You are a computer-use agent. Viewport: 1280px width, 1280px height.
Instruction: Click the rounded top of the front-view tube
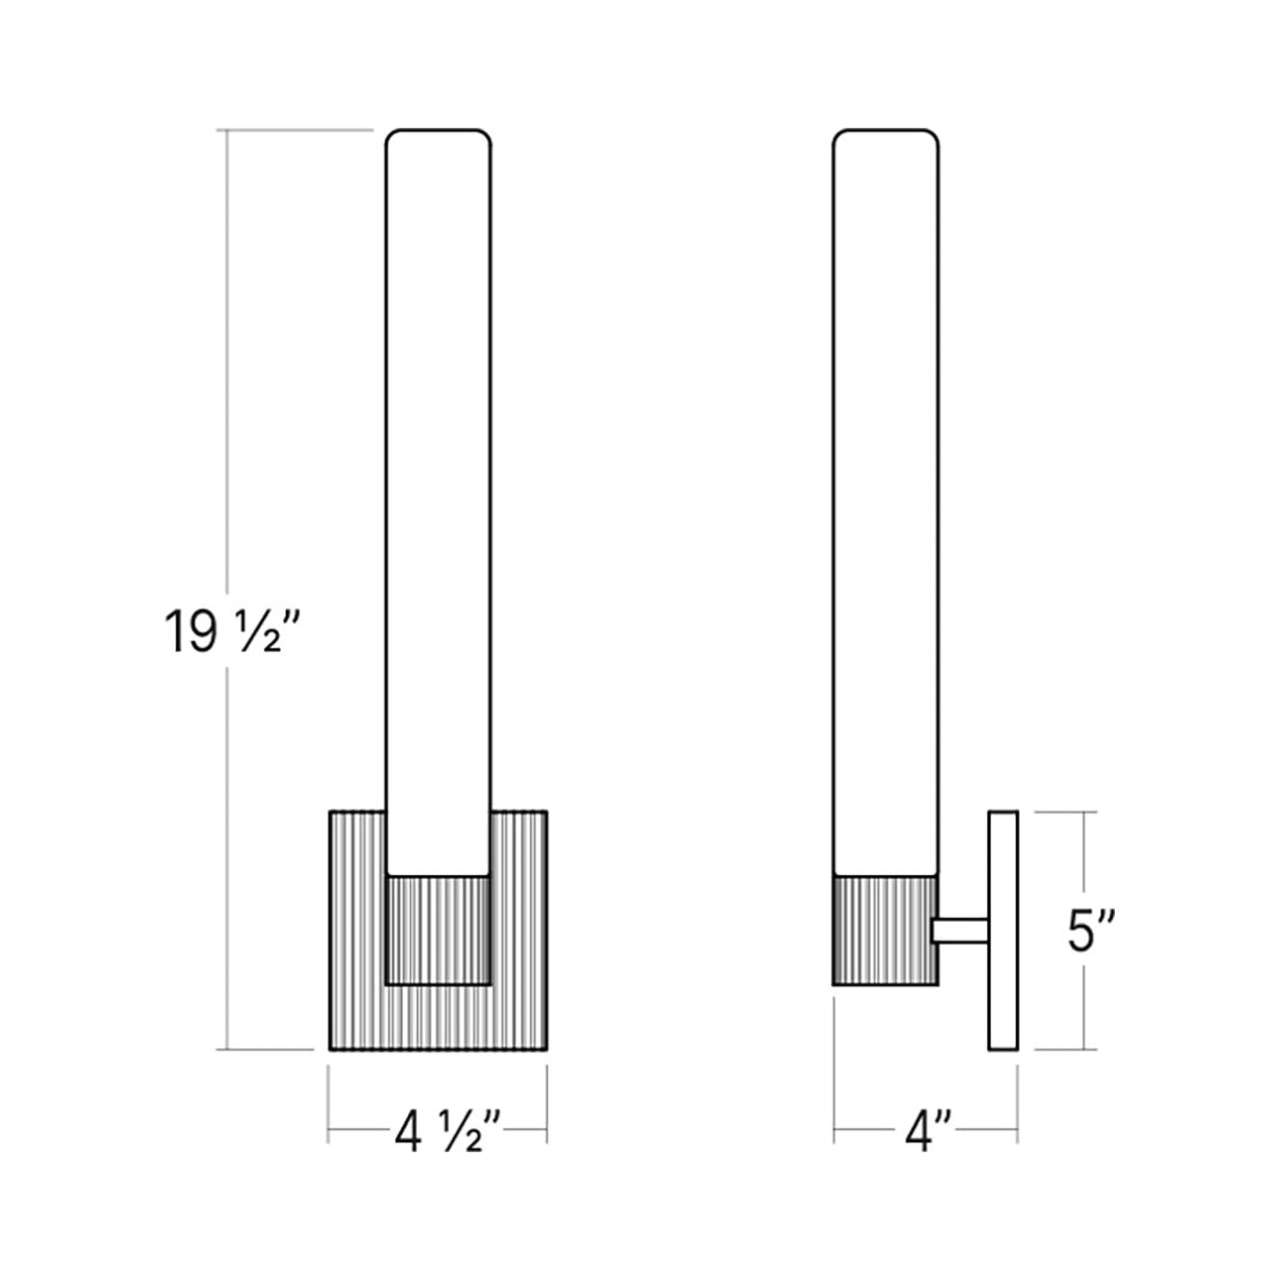[439, 136]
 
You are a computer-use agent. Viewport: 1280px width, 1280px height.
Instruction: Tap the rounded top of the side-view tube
[886, 136]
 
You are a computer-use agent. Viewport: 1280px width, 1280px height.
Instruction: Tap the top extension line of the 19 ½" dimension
[298, 130]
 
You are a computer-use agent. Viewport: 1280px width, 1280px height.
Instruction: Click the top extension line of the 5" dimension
[1066, 812]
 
